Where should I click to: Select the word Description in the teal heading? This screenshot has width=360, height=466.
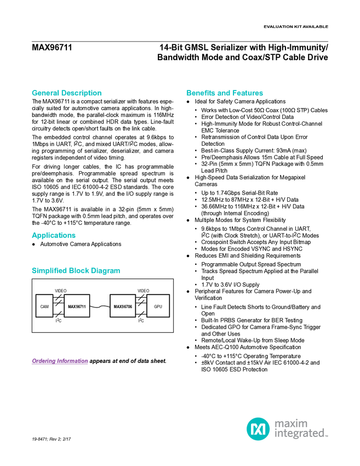pos(82,93)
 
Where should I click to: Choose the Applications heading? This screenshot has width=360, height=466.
pos(54,236)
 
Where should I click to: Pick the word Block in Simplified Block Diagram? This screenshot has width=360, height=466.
pos(80,271)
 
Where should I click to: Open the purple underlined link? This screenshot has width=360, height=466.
pos(60,361)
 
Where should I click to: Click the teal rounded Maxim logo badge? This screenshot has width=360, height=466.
pos(258,429)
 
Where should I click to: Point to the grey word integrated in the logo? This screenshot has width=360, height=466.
pos(299,434)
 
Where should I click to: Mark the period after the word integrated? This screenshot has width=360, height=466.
pos(327,436)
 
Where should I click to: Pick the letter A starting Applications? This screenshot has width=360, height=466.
pos(33,236)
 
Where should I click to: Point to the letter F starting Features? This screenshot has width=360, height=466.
pos(235,93)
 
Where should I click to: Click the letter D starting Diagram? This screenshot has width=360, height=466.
pos(94,271)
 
